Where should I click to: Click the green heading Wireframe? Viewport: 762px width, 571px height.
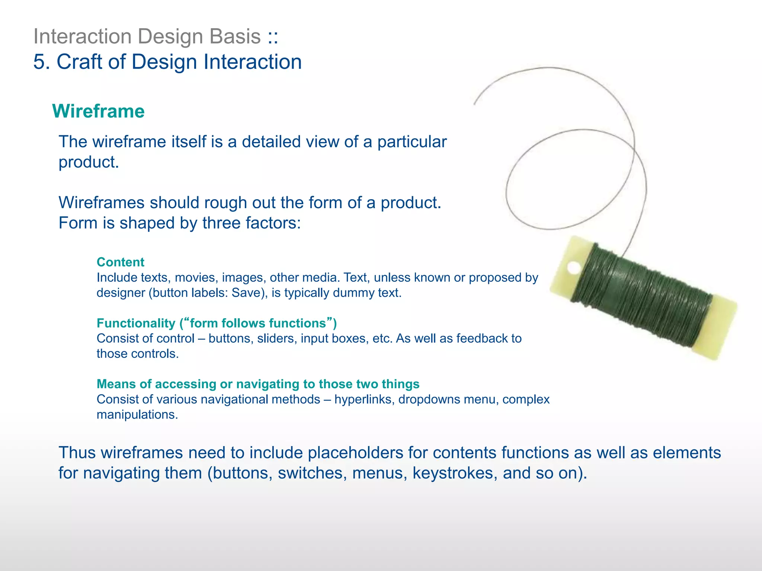tap(98, 111)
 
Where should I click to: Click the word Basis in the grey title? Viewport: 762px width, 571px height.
tap(235, 36)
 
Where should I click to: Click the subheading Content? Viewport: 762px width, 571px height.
tap(120, 262)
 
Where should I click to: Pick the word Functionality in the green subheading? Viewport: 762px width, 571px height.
tap(136, 323)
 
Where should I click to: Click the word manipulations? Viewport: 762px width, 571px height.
tap(137, 414)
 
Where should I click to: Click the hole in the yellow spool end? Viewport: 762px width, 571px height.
tap(574, 267)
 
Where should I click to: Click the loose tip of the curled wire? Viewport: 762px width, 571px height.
tap(475, 104)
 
